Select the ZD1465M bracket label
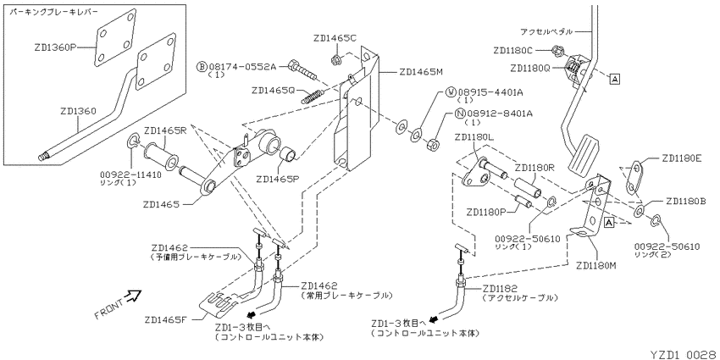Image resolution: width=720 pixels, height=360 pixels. pos(420,71)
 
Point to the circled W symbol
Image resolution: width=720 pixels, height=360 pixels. pos(451,92)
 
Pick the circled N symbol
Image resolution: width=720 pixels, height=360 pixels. pos(460,114)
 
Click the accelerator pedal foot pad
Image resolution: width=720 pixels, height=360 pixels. pos(584,157)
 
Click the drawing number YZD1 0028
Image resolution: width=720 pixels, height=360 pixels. pos(684,354)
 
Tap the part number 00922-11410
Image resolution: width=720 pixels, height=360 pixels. pos(130,175)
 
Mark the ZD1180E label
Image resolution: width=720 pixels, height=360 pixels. pos(681,159)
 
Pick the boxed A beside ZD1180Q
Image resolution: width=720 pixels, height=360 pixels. pos(615,79)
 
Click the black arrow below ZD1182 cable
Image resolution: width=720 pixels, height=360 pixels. pos(433,319)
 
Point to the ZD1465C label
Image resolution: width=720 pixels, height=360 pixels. pos(335,39)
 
